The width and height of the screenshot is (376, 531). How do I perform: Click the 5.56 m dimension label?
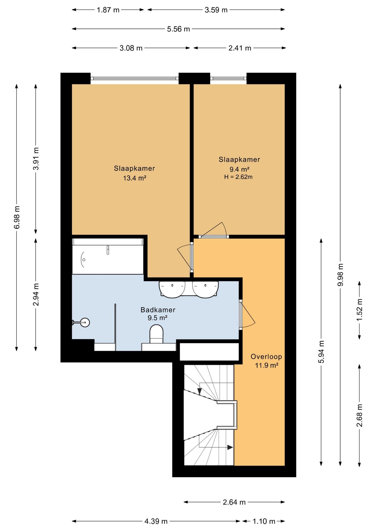[x=178, y=29]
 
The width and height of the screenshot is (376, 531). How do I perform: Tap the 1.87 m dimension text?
[x=108, y=10]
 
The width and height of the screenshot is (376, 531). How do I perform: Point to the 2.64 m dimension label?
[x=234, y=502]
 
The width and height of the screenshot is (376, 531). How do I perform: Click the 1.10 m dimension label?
[x=264, y=521]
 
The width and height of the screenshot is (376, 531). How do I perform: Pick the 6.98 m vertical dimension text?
[x=17, y=217]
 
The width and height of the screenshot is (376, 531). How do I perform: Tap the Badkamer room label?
[x=158, y=310]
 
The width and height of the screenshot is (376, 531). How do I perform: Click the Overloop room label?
[x=266, y=356]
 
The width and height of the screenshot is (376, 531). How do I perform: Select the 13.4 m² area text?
[x=135, y=178]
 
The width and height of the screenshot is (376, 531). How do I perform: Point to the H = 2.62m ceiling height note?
[x=238, y=177]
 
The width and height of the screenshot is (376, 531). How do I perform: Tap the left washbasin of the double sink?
[x=172, y=289]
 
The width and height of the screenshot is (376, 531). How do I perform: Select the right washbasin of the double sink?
[x=205, y=289]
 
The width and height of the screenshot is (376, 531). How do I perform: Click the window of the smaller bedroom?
[x=228, y=79]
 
